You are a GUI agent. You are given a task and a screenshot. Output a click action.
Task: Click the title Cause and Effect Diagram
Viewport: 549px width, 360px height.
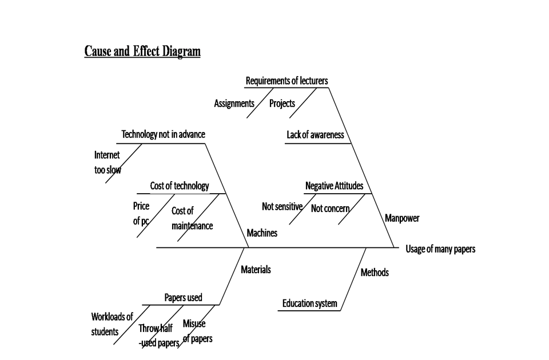pyautogui.click(x=142, y=51)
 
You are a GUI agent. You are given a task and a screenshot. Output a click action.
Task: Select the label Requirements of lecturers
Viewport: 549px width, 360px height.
pyautogui.click(x=287, y=81)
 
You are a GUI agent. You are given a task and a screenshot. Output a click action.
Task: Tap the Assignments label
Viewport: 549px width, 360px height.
pyautogui.click(x=234, y=103)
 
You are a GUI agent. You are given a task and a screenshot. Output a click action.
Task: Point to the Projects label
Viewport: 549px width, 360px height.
pyautogui.click(x=282, y=103)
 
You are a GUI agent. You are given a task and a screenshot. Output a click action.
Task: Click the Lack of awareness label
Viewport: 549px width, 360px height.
pyautogui.click(x=315, y=135)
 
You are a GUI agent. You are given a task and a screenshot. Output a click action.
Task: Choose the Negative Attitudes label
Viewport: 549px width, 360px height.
pyautogui.click(x=334, y=186)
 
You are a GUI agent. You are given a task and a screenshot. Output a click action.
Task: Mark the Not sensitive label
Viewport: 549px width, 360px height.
pyautogui.click(x=282, y=207)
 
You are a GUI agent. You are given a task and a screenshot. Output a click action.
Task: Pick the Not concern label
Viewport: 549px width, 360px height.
pyautogui.click(x=330, y=209)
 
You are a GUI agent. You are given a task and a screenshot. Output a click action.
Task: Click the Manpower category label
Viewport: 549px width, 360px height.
pyautogui.click(x=402, y=218)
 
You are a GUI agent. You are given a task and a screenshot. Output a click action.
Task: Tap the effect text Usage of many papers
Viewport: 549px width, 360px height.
pyautogui.click(x=440, y=249)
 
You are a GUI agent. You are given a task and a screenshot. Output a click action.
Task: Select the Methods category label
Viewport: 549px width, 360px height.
pyautogui.click(x=375, y=273)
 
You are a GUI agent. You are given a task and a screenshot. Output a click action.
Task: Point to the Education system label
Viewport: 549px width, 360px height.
pyautogui.click(x=309, y=303)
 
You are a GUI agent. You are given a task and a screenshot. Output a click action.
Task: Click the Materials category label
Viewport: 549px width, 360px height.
pyautogui.click(x=256, y=270)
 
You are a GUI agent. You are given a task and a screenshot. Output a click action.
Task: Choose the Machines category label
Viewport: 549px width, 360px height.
pyautogui.click(x=262, y=233)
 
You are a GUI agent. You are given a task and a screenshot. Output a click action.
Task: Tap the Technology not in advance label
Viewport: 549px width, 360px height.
pyautogui.click(x=163, y=135)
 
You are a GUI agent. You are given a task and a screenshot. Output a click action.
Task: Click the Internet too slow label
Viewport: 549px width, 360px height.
pyautogui.click(x=108, y=162)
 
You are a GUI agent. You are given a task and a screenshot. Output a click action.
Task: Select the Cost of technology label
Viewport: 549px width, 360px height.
pyautogui.click(x=180, y=186)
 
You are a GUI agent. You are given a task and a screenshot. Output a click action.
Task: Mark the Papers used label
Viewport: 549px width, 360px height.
pyautogui.click(x=183, y=298)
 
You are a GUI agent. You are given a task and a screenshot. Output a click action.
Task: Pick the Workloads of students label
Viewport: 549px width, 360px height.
pyautogui.click(x=112, y=324)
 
